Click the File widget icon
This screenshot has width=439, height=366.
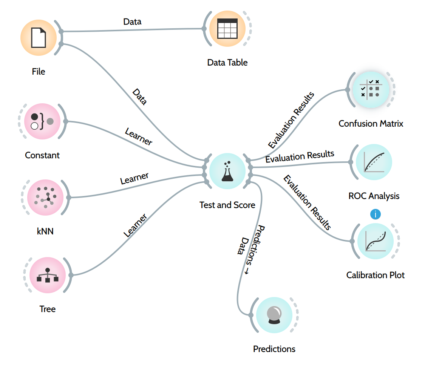click(x=39, y=38)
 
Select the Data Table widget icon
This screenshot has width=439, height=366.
click(x=227, y=29)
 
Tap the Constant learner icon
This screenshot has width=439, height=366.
click(x=42, y=121)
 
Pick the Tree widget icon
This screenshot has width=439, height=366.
click(x=48, y=275)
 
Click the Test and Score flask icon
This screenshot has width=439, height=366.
click(x=227, y=171)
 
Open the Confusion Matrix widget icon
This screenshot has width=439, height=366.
click(x=371, y=89)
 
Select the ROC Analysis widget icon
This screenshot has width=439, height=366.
click(x=374, y=162)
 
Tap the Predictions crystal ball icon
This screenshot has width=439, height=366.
click(x=274, y=315)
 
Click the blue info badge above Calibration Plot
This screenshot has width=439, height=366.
click(x=375, y=214)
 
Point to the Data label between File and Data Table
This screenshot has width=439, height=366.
click(x=132, y=22)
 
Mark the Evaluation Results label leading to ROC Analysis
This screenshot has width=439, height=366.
click(x=300, y=156)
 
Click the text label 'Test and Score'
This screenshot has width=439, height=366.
click(x=227, y=205)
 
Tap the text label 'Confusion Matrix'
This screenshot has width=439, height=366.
click(x=371, y=124)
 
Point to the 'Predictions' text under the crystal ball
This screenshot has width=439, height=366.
click(x=274, y=349)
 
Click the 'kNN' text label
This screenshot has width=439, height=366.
click(x=45, y=231)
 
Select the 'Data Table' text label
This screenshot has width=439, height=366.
click(x=227, y=63)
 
